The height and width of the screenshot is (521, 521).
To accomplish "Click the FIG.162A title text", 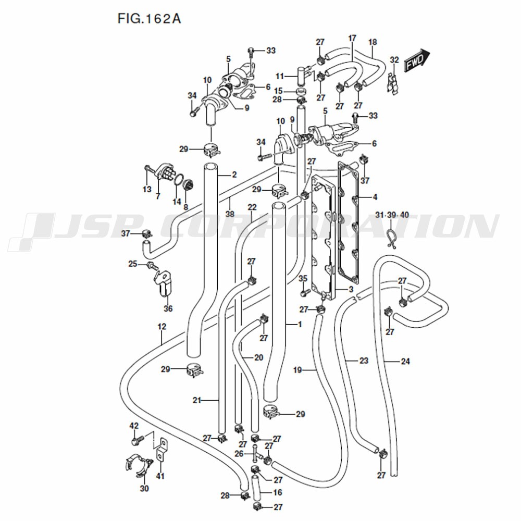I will pyautogui.click(x=150, y=19).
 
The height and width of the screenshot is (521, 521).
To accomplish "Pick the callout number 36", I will pyautogui.click(x=168, y=308).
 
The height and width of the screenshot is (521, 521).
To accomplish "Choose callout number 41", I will pyautogui.click(x=160, y=476).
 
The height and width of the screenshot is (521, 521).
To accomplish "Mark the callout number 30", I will pyautogui.click(x=144, y=488).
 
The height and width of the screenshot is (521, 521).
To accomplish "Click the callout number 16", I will pyautogui.click(x=277, y=492).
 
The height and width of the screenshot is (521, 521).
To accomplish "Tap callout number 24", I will pyautogui.click(x=405, y=361).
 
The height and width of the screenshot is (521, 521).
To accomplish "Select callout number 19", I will pyautogui.click(x=297, y=370).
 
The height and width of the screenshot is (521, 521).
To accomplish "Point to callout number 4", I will pyautogui.click(x=375, y=197).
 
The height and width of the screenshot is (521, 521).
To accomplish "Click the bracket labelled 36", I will pyautogui.click(x=163, y=284).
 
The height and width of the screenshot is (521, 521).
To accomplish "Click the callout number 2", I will pyautogui.click(x=234, y=175).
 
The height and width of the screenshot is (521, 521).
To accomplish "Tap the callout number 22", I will pyautogui.click(x=252, y=207).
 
